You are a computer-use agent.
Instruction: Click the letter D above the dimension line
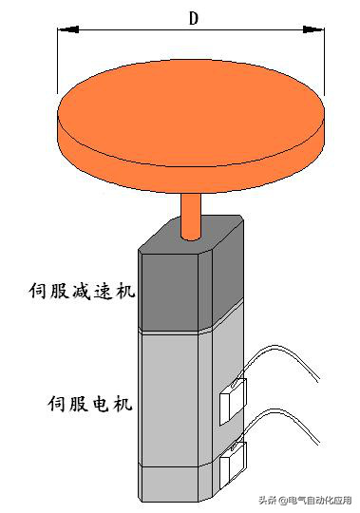pos(193,17)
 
